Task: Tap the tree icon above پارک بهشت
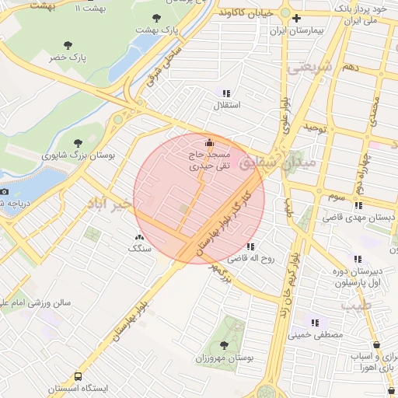157,17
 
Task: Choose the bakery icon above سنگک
139,237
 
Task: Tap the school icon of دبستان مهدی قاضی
358,206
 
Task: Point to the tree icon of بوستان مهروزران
225,344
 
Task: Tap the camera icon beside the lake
5,191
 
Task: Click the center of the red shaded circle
199,197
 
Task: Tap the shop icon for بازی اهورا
377,344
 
